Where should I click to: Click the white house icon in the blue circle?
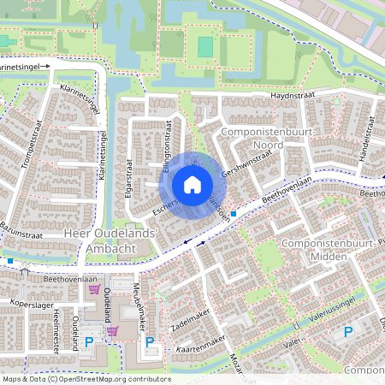click(x=192, y=185)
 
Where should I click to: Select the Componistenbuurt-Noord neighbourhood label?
click(x=268, y=139)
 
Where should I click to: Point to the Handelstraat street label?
click(x=364, y=137)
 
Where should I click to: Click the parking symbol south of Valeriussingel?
click(x=348, y=332)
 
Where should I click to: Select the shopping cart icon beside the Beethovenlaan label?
click(x=94, y=289)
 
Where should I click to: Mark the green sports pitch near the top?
click(x=204, y=46)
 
